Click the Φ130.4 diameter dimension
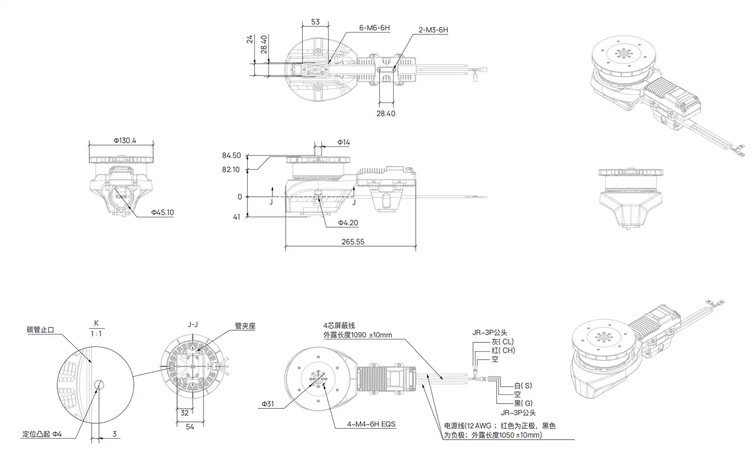pos(125,141)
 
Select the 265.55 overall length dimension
pos(353,242)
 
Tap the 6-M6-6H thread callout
pos(374,28)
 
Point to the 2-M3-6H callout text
pos(433,30)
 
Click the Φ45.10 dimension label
pos(163,212)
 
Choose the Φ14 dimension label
pos(344,143)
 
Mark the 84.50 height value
pos(231,155)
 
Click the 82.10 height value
pos(230,169)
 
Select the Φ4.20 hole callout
pos(348,223)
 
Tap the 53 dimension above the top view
pos(315,22)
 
